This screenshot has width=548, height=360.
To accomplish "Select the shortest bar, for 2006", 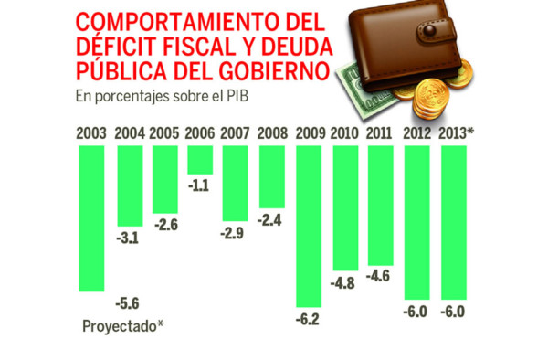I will coord(199,160).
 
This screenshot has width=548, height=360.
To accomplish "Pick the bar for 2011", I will coord(380,204).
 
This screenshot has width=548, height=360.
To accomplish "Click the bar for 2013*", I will coord(454,223).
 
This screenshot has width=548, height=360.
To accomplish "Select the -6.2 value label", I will coord(308,322).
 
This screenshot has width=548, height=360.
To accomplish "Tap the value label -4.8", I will coord(343,282).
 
